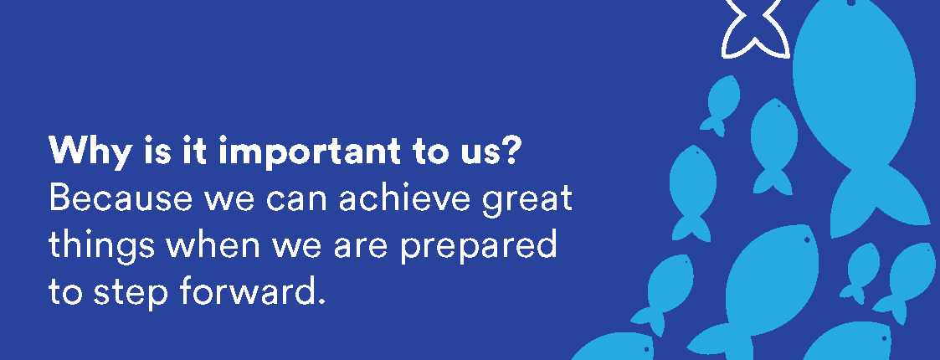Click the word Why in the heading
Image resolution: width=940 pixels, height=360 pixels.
click(x=89, y=152)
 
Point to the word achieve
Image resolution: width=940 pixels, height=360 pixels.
click(x=404, y=198)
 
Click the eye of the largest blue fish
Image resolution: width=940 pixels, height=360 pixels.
click(x=850, y=3)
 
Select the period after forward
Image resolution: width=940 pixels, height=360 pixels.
click(x=320, y=301)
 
